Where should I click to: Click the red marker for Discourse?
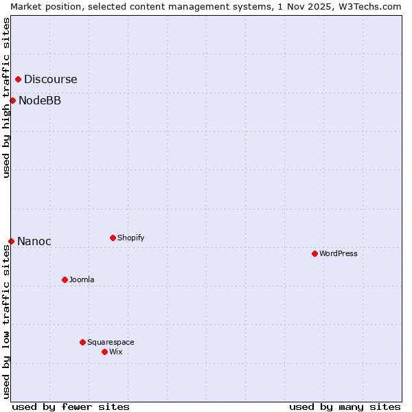(18, 80)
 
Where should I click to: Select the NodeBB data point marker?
(12, 101)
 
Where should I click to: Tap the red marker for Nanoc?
(11, 241)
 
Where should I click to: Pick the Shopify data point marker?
(113, 238)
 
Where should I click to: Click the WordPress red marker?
(314, 254)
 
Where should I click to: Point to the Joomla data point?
(65, 280)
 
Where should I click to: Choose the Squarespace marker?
(82, 342)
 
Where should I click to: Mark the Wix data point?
(104, 352)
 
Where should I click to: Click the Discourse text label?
(50, 80)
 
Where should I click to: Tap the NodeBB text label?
(39, 101)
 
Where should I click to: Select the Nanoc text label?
(34, 242)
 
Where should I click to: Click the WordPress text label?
(338, 254)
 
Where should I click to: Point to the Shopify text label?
(130, 238)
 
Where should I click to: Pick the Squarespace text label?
(111, 342)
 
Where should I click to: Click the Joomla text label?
(82, 280)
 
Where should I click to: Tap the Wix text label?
(115, 352)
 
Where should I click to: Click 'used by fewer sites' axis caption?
(71, 407)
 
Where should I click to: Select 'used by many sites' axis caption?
(345, 407)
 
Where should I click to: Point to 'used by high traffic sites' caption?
(6, 98)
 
